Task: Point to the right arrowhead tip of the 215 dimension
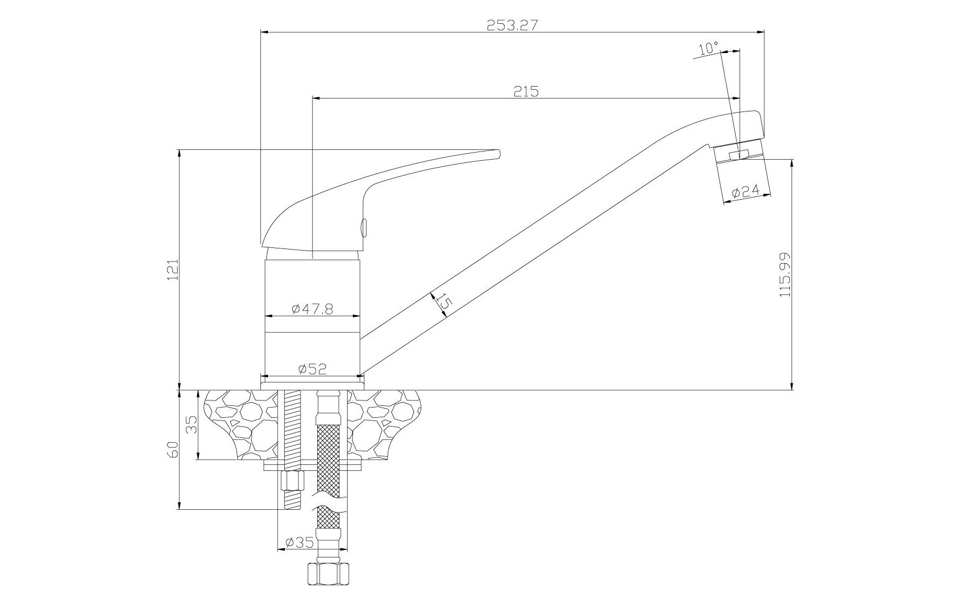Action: click(x=740, y=99)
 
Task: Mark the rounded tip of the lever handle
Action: click(x=498, y=154)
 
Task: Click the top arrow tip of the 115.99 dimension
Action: click(x=792, y=159)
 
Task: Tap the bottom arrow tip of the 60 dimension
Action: click(x=179, y=509)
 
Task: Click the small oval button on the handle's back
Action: click(x=364, y=226)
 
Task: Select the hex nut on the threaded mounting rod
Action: click(x=293, y=480)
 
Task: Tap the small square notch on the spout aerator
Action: click(x=734, y=155)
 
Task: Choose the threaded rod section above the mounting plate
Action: click(x=292, y=425)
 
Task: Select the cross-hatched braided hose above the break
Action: click(x=329, y=459)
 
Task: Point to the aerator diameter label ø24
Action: click(x=746, y=191)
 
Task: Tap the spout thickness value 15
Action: click(x=443, y=301)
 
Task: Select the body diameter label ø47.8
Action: click(x=312, y=308)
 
